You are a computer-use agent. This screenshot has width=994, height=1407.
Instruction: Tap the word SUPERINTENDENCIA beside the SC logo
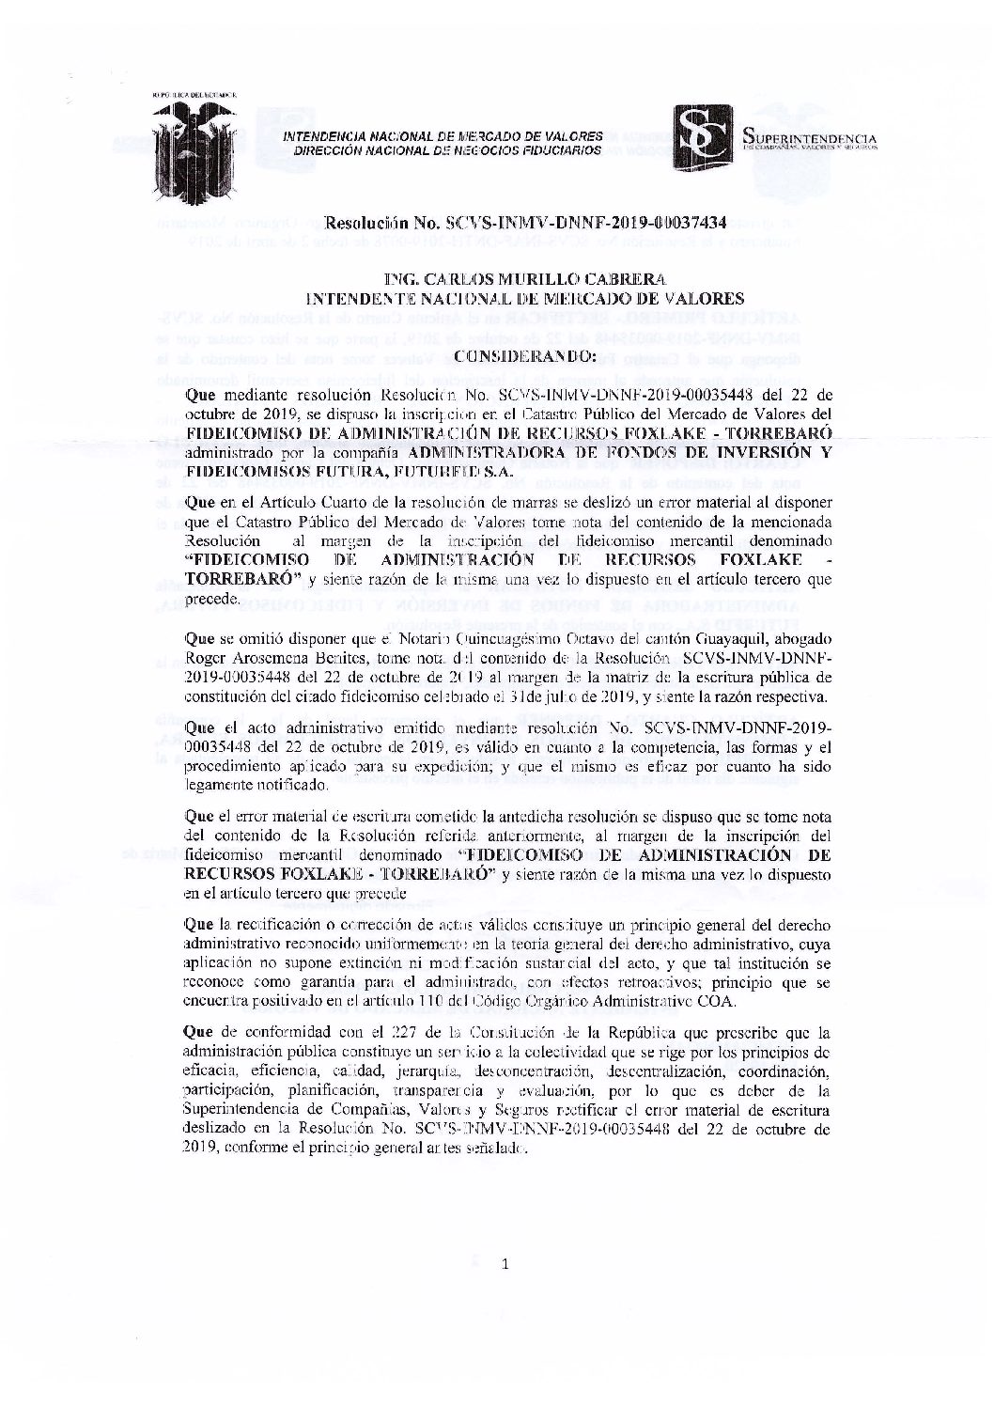808,139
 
